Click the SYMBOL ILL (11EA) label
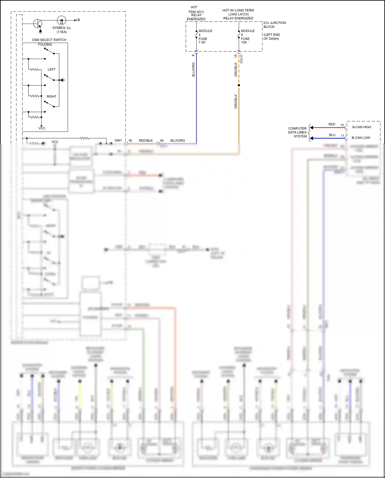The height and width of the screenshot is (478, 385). (62, 30)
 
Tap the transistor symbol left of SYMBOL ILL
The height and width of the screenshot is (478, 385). (38, 24)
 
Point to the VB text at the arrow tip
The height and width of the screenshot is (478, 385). (78, 20)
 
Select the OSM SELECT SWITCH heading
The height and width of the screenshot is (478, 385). (49, 40)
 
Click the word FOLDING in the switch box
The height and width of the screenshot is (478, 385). (45, 44)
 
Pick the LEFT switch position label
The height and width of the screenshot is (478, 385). (51, 69)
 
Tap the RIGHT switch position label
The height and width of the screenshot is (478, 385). (51, 96)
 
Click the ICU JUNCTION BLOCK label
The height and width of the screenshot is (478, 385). (274, 25)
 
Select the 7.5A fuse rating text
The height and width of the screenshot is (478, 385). (202, 42)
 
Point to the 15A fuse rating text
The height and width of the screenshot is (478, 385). (244, 42)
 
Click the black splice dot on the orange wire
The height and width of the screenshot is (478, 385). (239, 85)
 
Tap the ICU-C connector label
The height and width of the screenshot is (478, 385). (241, 59)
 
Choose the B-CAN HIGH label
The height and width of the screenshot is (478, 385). (362, 127)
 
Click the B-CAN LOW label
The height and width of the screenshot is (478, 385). (361, 138)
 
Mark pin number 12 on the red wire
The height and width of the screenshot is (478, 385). (342, 125)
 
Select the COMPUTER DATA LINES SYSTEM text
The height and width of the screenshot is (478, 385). (297, 132)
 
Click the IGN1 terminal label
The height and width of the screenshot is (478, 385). (118, 140)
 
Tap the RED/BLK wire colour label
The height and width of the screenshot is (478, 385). (146, 140)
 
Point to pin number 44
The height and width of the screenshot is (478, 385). (162, 140)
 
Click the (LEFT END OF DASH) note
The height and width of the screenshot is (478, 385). (272, 37)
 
